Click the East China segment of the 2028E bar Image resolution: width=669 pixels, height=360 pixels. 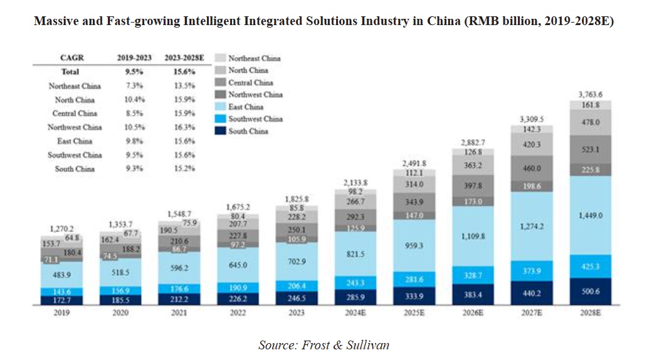pos(592,215)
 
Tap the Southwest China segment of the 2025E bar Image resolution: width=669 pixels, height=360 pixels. pos(415,278)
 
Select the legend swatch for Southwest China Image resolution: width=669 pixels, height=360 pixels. pos(221,119)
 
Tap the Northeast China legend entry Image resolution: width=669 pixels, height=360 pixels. pos(254,58)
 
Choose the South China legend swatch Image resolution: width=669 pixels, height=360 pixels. pos(221,131)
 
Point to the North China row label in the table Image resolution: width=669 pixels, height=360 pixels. pos(74,100)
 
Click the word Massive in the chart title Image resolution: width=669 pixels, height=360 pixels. pos(55,21)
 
